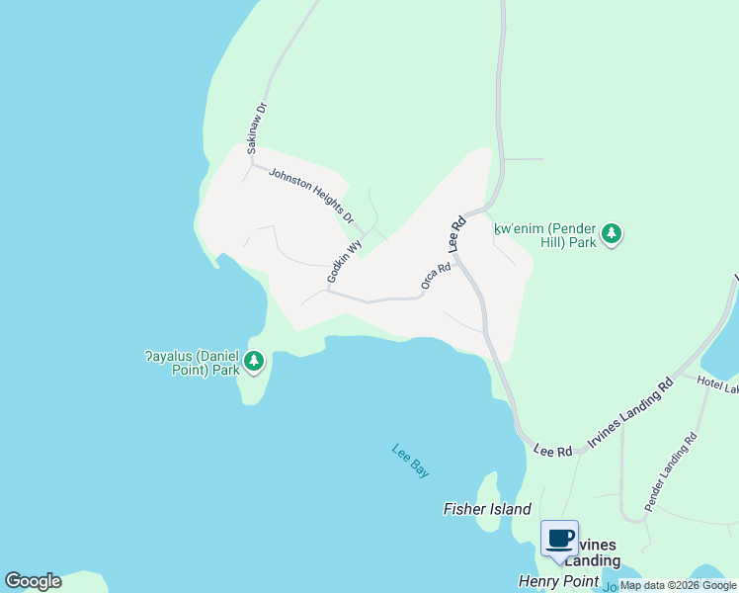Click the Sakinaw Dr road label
click(257, 127)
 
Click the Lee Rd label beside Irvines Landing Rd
click(553, 451)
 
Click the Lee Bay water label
click(411, 462)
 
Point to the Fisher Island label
click(487, 509)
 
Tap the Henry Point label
click(558, 582)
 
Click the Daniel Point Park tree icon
click(255, 362)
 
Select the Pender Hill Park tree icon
click(613, 234)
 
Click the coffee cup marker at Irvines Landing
click(560, 540)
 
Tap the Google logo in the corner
click(34, 581)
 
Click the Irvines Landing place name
click(589, 552)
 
